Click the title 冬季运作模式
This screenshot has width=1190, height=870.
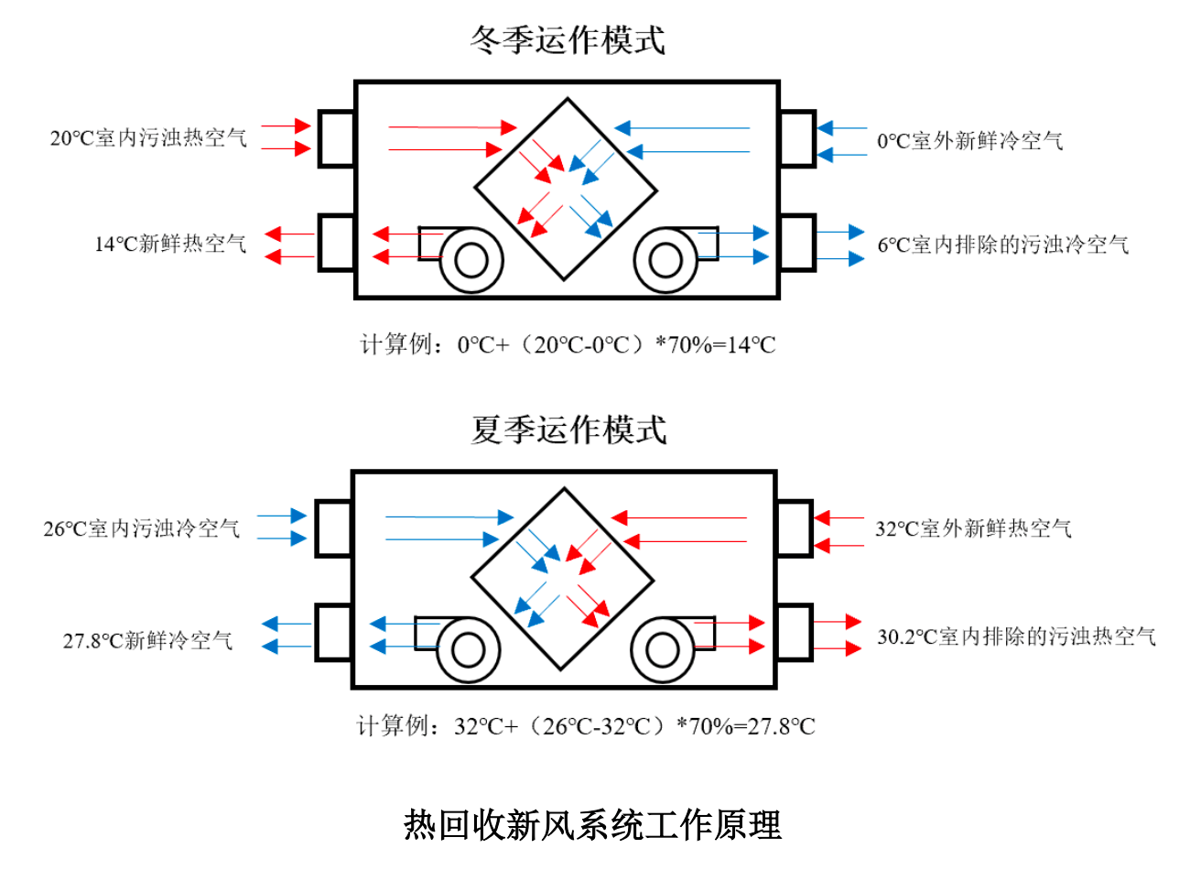click(x=568, y=39)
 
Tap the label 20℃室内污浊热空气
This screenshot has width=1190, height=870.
click(x=148, y=138)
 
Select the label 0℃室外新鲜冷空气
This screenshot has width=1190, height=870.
click(x=970, y=141)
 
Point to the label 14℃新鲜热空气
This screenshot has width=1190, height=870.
click(x=170, y=244)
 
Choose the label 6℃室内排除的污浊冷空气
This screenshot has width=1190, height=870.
click(x=1003, y=245)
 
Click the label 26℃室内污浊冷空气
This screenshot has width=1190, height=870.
click(x=142, y=528)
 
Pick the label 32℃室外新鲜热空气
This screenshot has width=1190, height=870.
click(x=973, y=528)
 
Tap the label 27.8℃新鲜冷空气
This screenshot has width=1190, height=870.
click(x=147, y=640)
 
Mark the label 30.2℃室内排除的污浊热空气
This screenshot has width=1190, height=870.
click(x=1016, y=636)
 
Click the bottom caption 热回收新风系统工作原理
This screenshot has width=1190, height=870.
click(x=593, y=824)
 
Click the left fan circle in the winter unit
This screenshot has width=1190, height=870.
click(x=471, y=260)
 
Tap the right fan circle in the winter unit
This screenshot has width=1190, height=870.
click(x=665, y=260)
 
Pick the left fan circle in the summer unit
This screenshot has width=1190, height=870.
click(x=468, y=651)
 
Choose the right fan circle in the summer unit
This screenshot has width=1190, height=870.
click(x=662, y=651)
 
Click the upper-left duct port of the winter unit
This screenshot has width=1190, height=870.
click(x=337, y=139)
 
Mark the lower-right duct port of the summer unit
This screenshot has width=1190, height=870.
click(x=795, y=632)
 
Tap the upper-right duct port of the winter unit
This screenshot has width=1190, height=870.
click(x=797, y=139)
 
